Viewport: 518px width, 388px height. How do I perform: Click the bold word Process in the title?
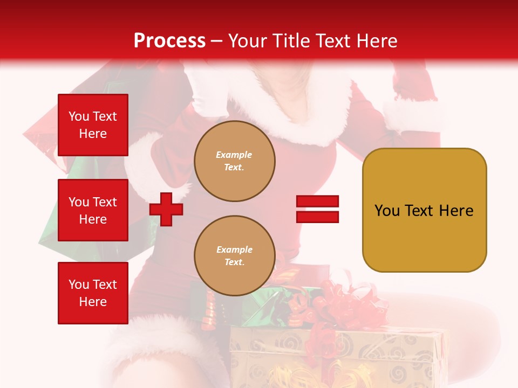169,41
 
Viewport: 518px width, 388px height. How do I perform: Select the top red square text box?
93,125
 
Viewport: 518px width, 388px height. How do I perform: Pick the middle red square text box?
93,210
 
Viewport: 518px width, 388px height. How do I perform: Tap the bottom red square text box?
93,293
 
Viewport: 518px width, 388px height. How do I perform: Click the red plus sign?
166,209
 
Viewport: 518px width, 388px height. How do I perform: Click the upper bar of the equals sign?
317,202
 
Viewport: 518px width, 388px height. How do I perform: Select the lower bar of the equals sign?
317,217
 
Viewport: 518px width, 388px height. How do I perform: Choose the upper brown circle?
235,161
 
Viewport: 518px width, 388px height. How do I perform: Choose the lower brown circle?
235,256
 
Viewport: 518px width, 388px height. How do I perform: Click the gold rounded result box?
424,210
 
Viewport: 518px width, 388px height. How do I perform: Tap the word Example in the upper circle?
234,155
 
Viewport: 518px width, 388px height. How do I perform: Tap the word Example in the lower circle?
234,250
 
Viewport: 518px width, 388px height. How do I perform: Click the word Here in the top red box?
93,134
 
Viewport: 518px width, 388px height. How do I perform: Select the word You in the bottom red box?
78,285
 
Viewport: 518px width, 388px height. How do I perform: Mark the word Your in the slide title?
248,41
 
